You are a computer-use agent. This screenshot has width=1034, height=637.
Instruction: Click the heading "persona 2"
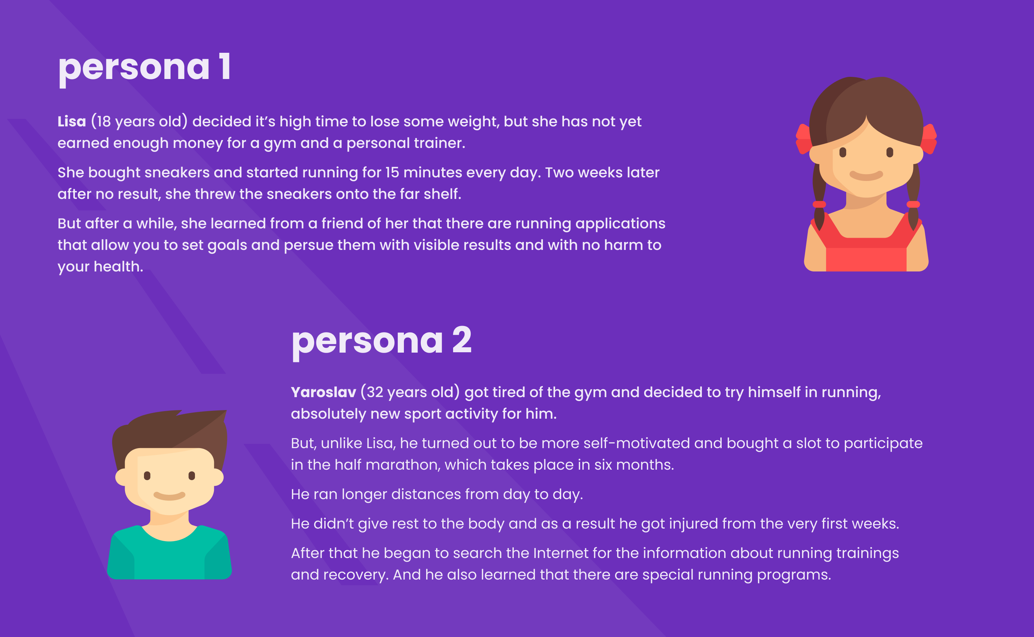click(x=382, y=341)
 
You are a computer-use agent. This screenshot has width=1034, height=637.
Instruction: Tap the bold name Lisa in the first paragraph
click(x=71, y=121)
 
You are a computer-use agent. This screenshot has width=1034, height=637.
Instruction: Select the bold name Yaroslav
click(x=323, y=392)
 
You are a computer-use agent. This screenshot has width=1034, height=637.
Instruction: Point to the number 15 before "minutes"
click(x=392, y=172)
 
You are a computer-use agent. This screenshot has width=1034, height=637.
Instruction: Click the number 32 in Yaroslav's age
click(x=374, y=392)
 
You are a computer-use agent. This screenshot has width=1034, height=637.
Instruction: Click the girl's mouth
click(x=866, y=175)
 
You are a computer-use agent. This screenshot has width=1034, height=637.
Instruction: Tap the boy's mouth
click(x=169, y=496)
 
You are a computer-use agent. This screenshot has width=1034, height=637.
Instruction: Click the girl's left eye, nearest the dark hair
click(x=843, y=152)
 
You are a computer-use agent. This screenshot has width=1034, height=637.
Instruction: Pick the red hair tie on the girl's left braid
click(x=819, y=204)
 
